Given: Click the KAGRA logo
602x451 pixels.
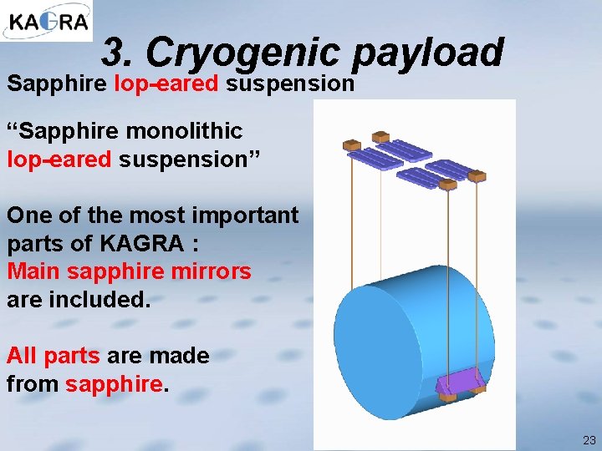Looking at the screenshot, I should (46, 22).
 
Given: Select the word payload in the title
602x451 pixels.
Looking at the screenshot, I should (428, 53).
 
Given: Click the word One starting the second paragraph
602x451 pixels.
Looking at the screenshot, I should (28, 215).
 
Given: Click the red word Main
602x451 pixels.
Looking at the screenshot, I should (33, 271).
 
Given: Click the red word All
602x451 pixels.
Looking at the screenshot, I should (22, 356).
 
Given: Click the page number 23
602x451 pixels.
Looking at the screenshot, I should (589, 440).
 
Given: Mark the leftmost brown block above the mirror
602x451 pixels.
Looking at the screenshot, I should (352, 146).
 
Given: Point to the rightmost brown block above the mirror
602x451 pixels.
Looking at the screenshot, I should (477, 176).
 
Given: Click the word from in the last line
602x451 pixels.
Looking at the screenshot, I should (32, 384).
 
